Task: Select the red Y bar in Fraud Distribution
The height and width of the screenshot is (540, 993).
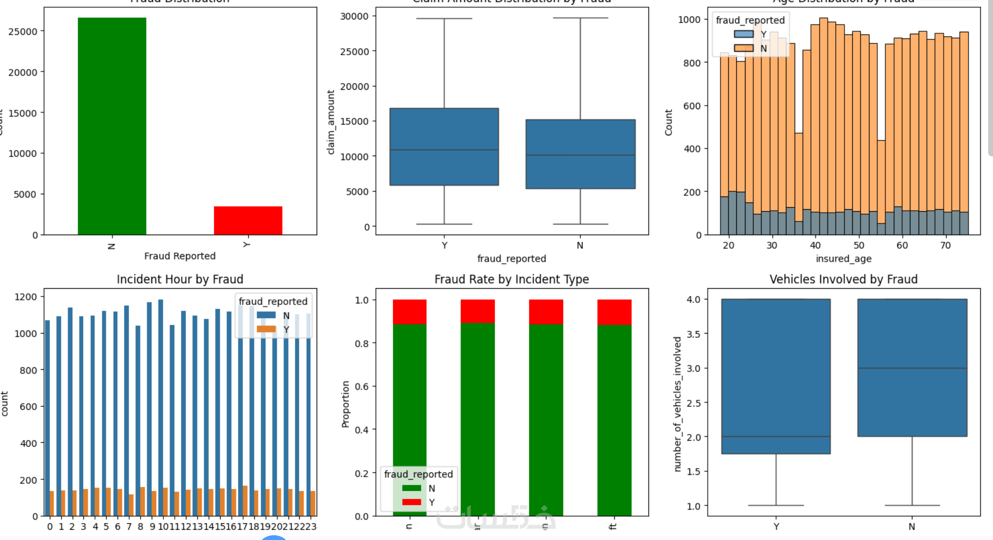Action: pos(248,220)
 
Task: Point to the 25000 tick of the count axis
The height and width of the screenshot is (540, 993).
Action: pos(23,32)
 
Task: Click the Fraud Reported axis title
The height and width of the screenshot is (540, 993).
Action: pos(180,256)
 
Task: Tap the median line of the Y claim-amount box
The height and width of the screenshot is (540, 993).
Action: pos(444,150)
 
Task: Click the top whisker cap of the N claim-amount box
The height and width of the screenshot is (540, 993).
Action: pos(580,18)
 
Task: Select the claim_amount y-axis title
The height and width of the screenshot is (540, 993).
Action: pos(331,122)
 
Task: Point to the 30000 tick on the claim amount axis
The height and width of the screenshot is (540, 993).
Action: pos(354,16)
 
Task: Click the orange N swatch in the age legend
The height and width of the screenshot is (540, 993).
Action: pos(743,48)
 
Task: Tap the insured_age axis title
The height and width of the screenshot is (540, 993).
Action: pos(843,259)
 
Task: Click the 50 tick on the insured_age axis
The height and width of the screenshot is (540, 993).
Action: pos(859,245)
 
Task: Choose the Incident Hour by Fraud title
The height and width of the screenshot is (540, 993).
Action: pos(180,280)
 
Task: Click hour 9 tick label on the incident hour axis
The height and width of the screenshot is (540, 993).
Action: pos(152,527)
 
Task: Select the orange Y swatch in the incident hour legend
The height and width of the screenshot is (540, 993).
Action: pos(266,329)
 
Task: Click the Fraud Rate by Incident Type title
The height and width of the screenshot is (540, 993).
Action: pos(511,280)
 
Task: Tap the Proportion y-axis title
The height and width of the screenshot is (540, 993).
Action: pos(345,404)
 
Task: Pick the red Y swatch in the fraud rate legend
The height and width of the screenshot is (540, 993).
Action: pos(411,502)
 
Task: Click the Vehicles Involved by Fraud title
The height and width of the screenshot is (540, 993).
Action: pos(843,280)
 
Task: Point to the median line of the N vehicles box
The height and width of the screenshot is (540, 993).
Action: pos(912,368)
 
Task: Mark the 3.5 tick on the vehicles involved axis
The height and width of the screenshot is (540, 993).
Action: pos(693,334)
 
